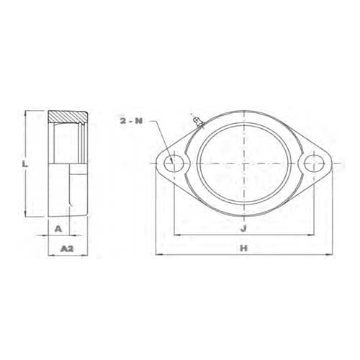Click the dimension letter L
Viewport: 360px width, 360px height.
[26, 164]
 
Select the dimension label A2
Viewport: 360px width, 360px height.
[66, 248]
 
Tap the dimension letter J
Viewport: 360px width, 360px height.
[244, 228]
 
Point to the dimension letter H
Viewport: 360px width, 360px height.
[244, 248]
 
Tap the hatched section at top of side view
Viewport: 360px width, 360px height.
[68, 116]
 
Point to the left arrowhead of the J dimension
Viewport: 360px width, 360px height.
[174, 235]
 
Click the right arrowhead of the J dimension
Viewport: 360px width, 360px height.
[314, 235]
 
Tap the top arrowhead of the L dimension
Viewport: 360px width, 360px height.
[27, 113]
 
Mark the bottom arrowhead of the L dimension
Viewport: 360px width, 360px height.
[27, 215]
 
